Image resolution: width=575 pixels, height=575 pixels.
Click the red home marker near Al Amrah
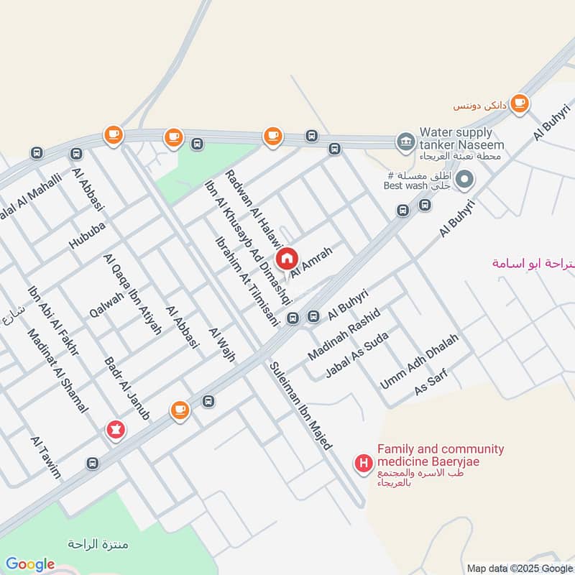pos(287,257)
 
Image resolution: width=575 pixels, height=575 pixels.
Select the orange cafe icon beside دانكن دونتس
pos(520,103)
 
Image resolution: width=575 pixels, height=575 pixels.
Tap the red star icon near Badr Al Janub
pos(114,430)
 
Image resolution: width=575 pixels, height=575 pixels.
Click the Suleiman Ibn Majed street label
pos(300,406)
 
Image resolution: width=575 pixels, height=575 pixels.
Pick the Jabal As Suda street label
pos(356,355)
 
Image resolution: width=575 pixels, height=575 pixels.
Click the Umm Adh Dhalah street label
pos(418,362)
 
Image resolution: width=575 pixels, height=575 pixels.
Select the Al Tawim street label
pos(45,457)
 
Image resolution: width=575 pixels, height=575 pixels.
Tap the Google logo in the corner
pos(29,564)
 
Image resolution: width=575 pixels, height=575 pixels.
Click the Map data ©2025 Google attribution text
pos(519,568)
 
